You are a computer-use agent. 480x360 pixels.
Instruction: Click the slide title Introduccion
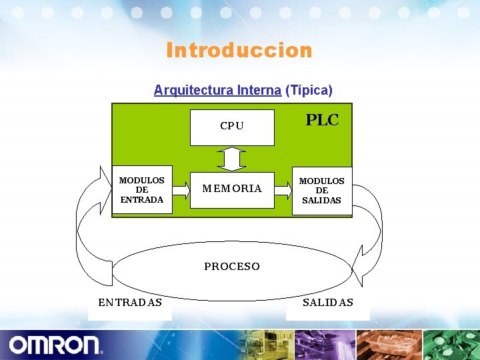(239, 50)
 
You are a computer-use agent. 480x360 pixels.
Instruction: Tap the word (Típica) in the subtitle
(309, 90)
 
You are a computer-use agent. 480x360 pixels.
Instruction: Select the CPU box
(232, 127)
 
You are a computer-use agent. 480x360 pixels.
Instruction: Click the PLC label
(322, 120)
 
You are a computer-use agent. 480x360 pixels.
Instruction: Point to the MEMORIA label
(232, 189)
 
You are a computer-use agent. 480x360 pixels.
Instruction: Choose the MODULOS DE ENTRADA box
(142, 189)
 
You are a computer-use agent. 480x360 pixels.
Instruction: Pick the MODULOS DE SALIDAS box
(322, 190)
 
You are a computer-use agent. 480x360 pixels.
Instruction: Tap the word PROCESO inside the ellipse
(232, 266)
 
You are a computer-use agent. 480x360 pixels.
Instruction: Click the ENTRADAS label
(130, 302)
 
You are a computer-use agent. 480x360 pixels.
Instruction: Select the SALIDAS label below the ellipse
(328, 302)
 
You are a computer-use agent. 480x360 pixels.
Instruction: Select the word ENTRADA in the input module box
(142, 199)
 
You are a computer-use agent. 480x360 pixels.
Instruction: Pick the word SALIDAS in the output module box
(322, 200)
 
